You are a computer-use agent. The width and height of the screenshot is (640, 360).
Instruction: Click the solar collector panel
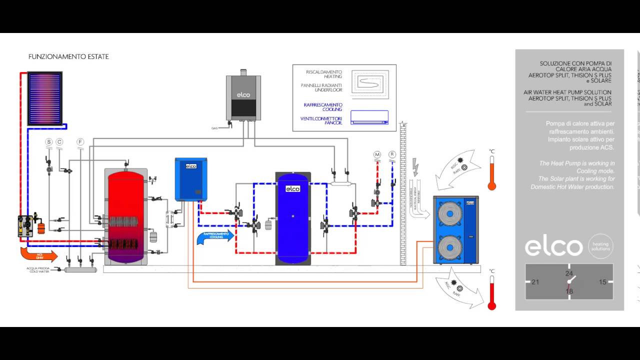coord(44,98)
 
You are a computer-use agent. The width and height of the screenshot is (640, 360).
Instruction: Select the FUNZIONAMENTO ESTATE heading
coord(68,57)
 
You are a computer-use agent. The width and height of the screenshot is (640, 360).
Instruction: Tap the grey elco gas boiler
coord(243,97)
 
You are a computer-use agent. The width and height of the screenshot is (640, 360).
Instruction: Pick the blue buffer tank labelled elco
coord(293,217)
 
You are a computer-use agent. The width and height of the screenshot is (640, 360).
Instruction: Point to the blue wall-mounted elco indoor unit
coord(191,179)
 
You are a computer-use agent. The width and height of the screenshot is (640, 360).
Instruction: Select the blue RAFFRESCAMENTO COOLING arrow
coord(215,236)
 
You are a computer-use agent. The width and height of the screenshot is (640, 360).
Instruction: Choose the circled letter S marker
coord(49,142)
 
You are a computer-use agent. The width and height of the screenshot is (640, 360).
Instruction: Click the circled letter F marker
coord(80,142)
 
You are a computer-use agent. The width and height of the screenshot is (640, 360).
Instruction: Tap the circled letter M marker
coord(377,154)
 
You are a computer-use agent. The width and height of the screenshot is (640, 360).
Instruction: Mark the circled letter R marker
coord(392,154)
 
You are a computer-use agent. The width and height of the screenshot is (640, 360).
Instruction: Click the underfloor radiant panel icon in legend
coord(369,82)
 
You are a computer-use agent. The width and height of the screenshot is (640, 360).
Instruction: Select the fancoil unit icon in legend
coord(369,117)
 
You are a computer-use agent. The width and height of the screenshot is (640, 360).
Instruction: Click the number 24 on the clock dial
coord(569,273)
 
